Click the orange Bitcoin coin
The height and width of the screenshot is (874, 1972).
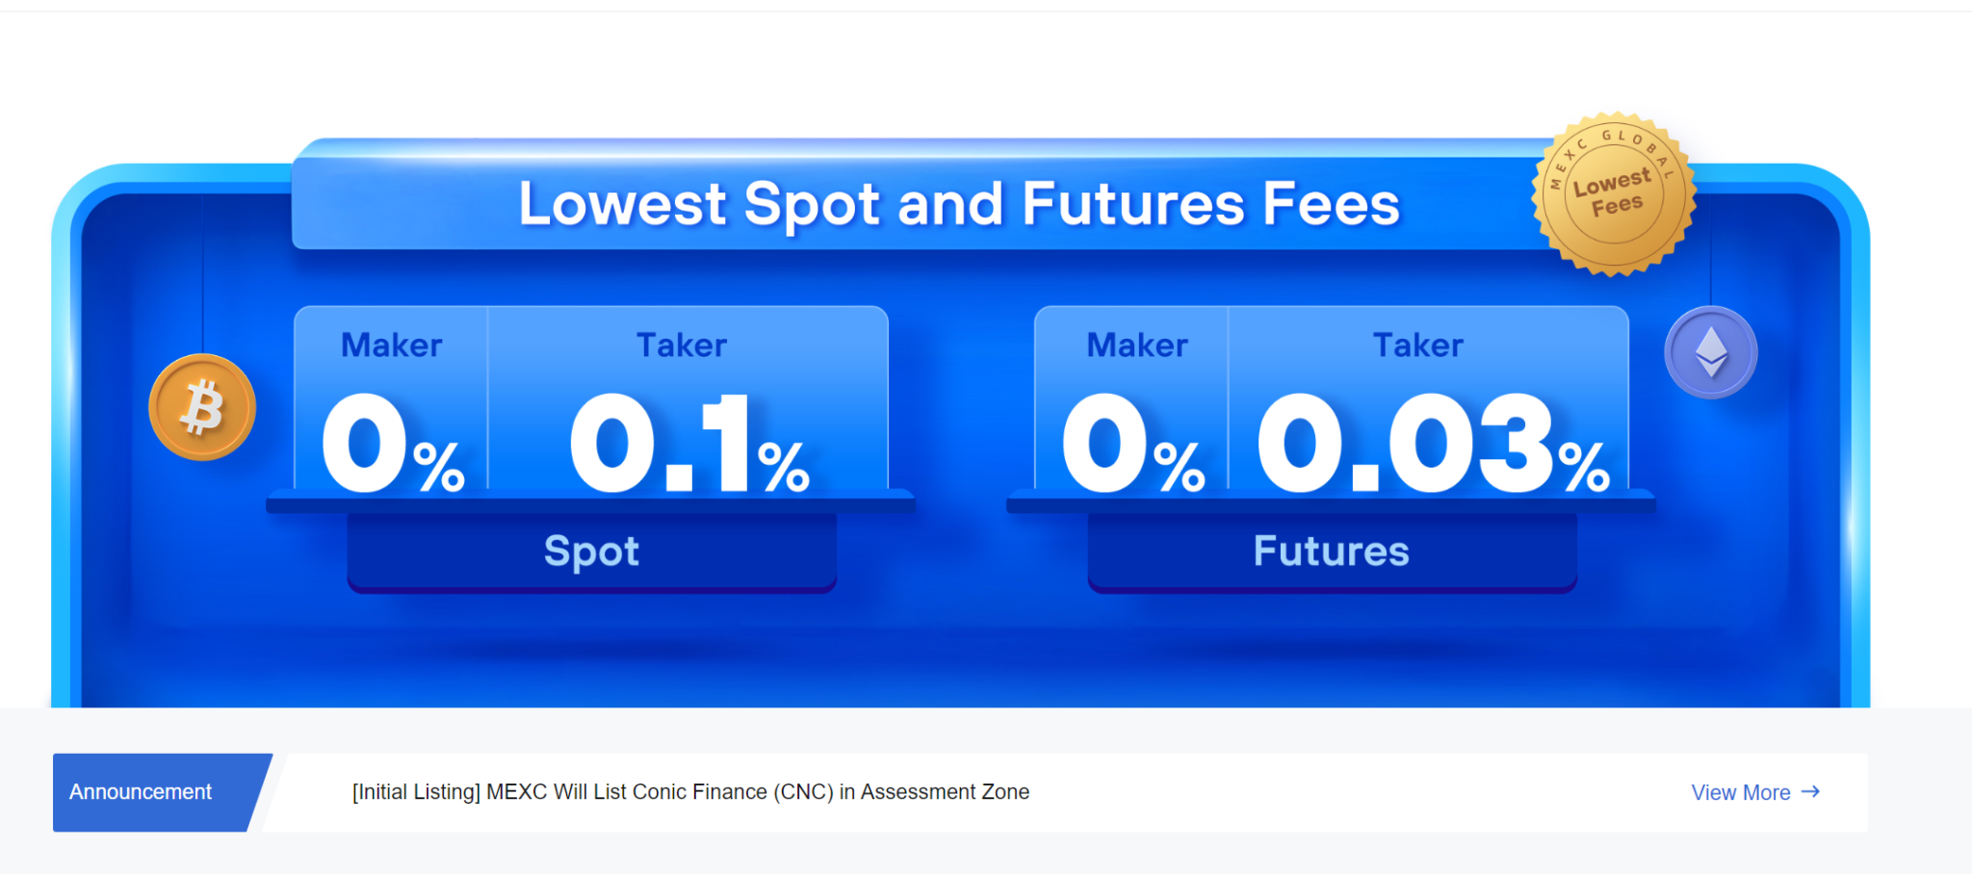(x=202, y=407)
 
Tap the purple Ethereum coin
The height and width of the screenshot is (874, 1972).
(x=1711, y=352)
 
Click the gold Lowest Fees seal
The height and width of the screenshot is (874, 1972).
(x=1614, y=193)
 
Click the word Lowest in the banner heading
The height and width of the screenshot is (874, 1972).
(x=622, y=204)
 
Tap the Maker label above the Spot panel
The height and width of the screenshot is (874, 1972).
(x=391, y=345)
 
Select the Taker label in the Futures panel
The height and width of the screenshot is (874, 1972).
(x=1417, y=345)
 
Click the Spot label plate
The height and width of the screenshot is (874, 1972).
(x=591, y=552)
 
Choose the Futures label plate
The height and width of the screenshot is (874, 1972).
(x=1332, y=552)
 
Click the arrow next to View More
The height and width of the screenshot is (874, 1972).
(x=1810, y=791)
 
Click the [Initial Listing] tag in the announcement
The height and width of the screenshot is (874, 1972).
(x=416, y=792)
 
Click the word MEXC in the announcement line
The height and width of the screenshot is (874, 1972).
(x=517, y=792)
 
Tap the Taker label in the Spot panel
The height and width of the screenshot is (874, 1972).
(x=682, y=345)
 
